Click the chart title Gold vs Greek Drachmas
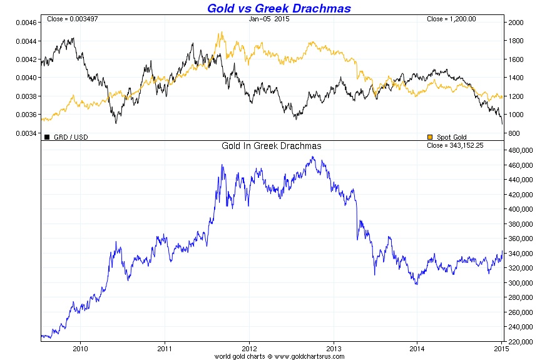[278, 8]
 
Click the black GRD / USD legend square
[46, 136]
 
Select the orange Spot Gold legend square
[429, 137]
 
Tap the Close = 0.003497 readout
[72, 19]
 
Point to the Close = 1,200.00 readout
[451, 19]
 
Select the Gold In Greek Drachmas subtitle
[272, 146]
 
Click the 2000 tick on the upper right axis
[516, 23]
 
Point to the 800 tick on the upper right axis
[514, 133]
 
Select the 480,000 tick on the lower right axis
[521, 150]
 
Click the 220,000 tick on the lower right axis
[521, 342]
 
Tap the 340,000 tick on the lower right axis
[521, 254]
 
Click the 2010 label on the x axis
[80, 349]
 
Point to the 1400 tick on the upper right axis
[516, 78]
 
